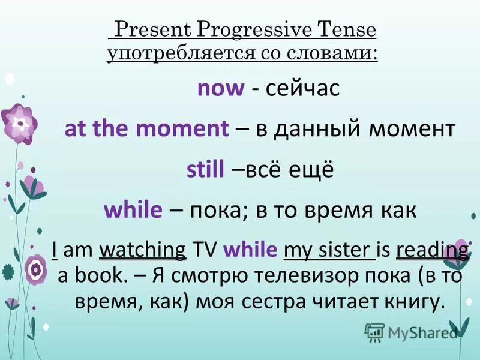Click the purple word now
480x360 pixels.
(221, 89)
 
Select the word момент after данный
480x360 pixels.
(413, 129)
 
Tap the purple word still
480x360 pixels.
(206, 170)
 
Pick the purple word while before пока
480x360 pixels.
(133, 210)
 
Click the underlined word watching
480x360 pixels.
(142, 250)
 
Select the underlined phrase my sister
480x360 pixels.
(329, 250)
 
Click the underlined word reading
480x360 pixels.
(433, 250)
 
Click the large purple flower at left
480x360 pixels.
(20, 122)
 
